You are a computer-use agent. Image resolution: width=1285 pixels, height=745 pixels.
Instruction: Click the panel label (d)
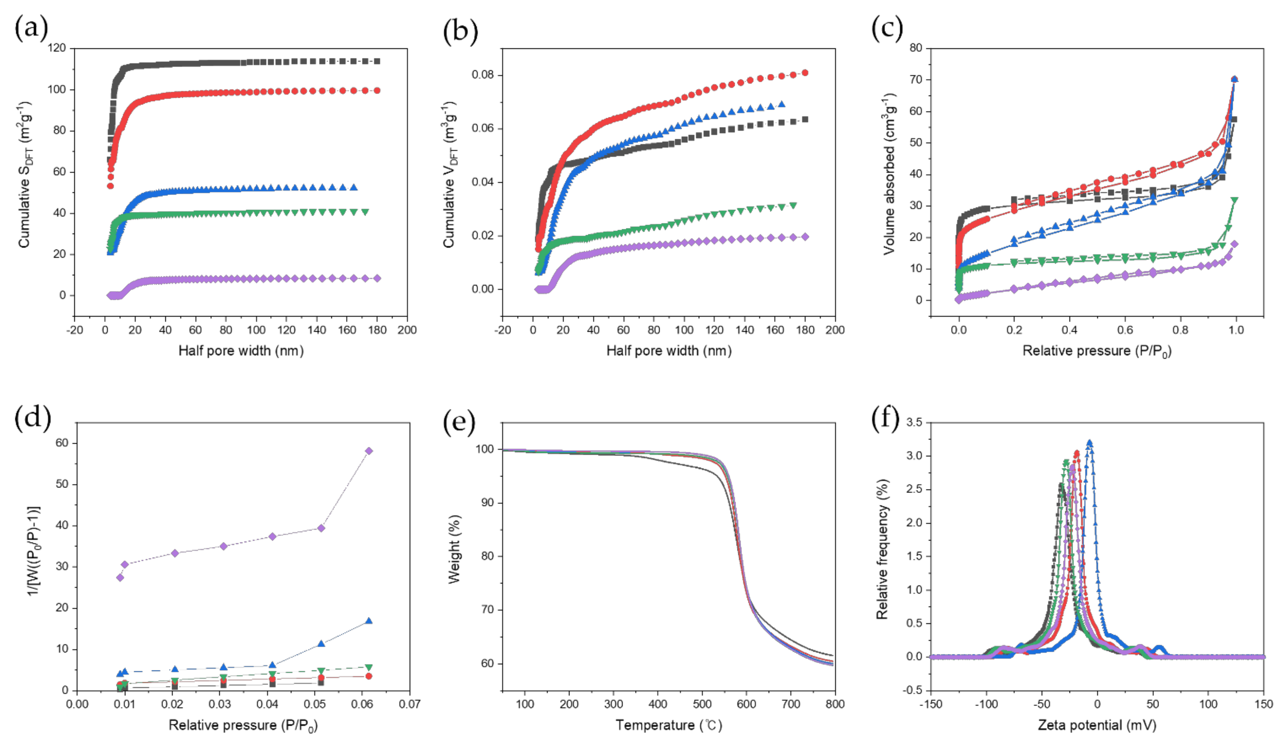(x=33, y=419)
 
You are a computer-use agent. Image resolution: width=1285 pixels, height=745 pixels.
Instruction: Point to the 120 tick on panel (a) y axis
(x=56, y=48)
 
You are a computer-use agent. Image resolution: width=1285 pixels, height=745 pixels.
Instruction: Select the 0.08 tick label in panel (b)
(x=483, y=75)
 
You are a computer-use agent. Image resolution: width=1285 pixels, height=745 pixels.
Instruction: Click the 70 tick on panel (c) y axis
(x=916, y=80)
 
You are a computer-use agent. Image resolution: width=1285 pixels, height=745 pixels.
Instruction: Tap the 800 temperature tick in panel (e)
(x=835, y=704)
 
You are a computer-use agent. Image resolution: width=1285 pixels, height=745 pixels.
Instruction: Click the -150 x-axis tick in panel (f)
(x=931, y=704)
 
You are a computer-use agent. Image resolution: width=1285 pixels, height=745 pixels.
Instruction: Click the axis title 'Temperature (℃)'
(x=668, y=725)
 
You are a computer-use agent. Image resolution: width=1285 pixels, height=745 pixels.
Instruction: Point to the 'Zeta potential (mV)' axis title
(x=1097, y=725)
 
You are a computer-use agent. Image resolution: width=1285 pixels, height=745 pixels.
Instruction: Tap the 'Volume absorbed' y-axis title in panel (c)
(x=889, y=173)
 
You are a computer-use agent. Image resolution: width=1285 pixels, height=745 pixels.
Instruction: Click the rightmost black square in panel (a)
(x=377, y=61)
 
